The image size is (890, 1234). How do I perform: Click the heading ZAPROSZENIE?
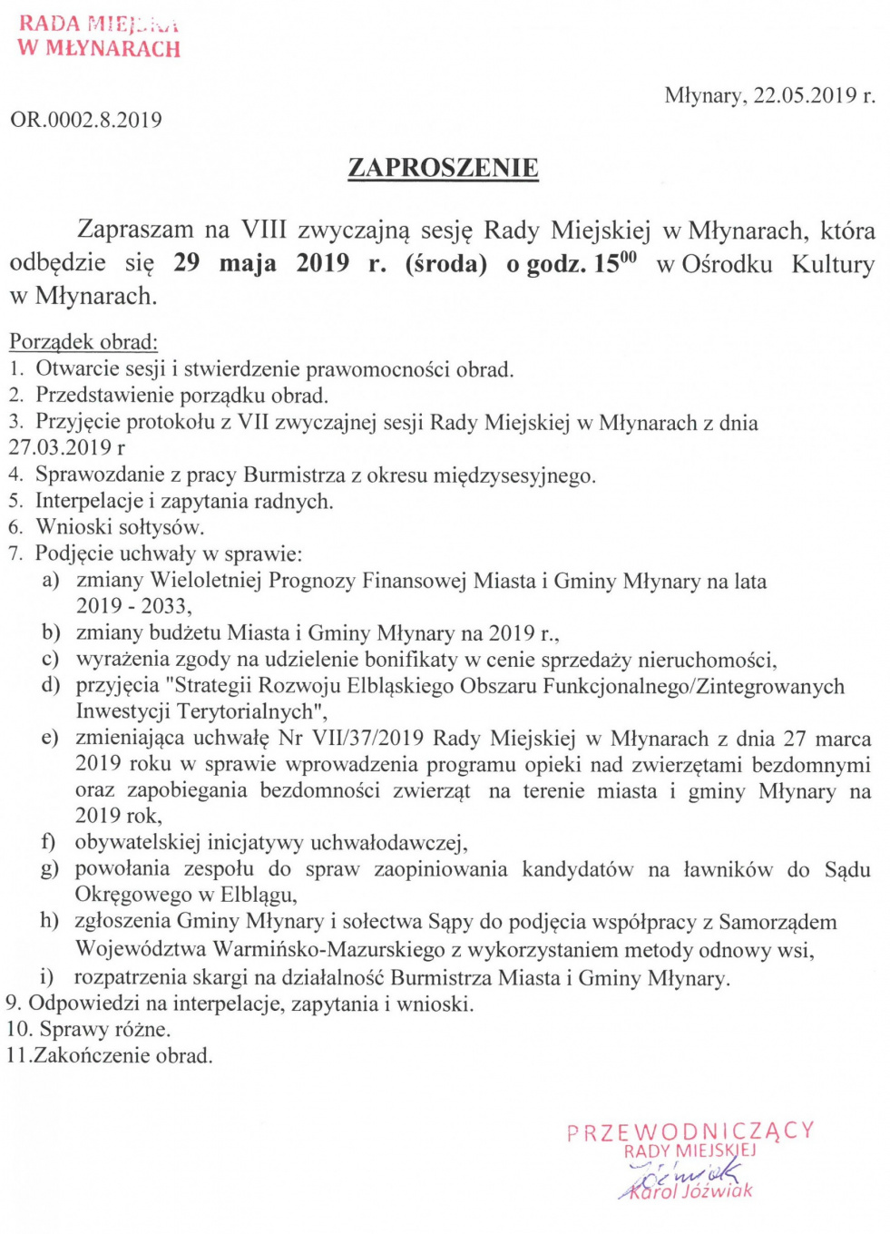[443, 168]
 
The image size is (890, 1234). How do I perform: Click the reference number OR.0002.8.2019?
[86, 120]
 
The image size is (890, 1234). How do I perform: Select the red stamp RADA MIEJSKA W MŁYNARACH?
[99, 36]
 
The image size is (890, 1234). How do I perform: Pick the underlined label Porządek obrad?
[83, 342]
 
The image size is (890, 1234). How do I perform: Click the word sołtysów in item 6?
[159, 527]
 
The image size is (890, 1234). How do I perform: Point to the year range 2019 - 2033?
[132, 606]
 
